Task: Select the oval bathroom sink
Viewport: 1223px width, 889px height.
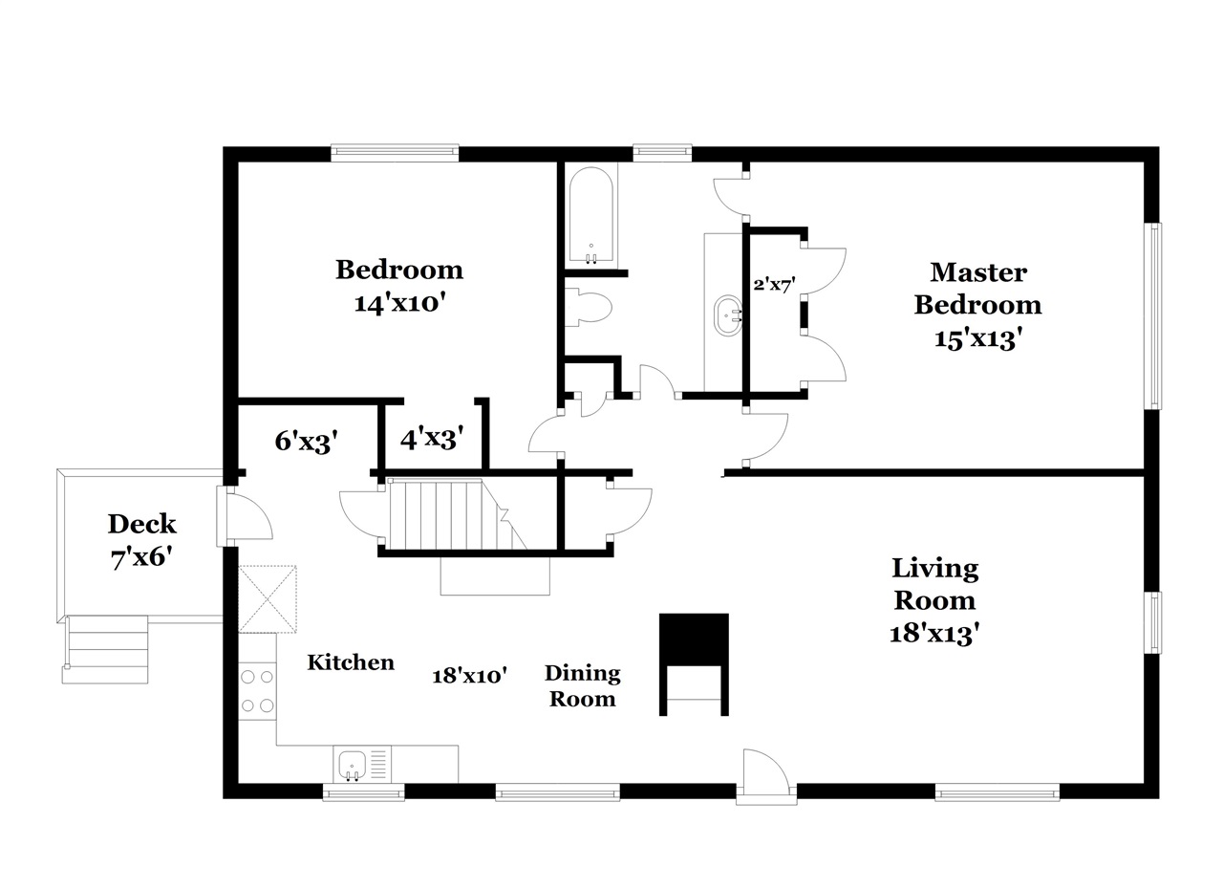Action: click(x=727, y=315)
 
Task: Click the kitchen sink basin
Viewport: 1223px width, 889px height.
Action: click(x=353, y=765)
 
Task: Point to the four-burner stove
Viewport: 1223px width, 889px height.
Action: click(x=258, y=690)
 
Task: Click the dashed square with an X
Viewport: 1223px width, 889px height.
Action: click(x=268, y=599)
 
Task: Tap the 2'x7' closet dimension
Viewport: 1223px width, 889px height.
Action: click(x=774, y=284)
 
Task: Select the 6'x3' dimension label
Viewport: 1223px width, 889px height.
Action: click(x=306, y=441)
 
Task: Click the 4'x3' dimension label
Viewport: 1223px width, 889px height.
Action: click(x=432, y=438)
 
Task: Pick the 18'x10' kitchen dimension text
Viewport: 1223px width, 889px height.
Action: click(x=469, y=676)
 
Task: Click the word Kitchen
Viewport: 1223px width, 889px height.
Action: click(x=351, y=662)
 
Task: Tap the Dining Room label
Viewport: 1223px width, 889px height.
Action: click(x=583, y=685)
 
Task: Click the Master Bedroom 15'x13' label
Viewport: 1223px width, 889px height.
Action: click(x=977, y=305)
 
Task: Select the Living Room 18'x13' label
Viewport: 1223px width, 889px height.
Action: click(x=934, y=600)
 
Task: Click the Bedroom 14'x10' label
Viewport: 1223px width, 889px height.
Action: click(x=399, y=286)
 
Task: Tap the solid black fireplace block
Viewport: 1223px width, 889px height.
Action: click(x=694, y=640)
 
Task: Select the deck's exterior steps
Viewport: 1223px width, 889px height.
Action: click(x=105, y=650)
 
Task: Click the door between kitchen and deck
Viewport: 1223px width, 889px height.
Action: click(x=245, y=516)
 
